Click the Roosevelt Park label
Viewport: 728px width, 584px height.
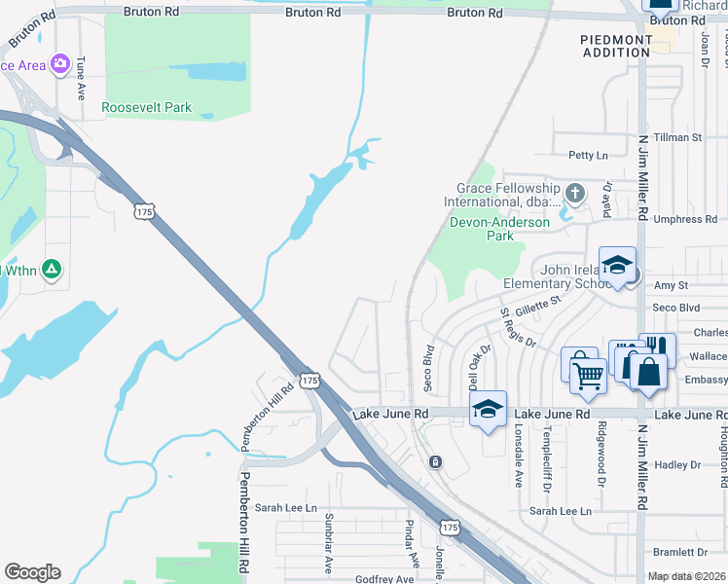coord(147,107)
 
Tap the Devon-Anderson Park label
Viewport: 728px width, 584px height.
coord(499,229)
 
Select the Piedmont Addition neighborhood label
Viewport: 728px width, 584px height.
coord(616,45)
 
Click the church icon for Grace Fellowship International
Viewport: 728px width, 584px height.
coord(575,193)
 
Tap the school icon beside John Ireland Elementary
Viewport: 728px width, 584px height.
coord(617,265)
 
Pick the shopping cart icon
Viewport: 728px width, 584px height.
coord(588,374)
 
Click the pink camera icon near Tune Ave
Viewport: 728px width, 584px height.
coord(60,63)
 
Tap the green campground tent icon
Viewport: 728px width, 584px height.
coord(53,269)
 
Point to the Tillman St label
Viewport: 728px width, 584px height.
coord(677,138)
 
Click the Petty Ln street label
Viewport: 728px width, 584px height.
coord(588,155)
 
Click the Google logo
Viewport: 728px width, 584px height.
coord(32,572)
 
